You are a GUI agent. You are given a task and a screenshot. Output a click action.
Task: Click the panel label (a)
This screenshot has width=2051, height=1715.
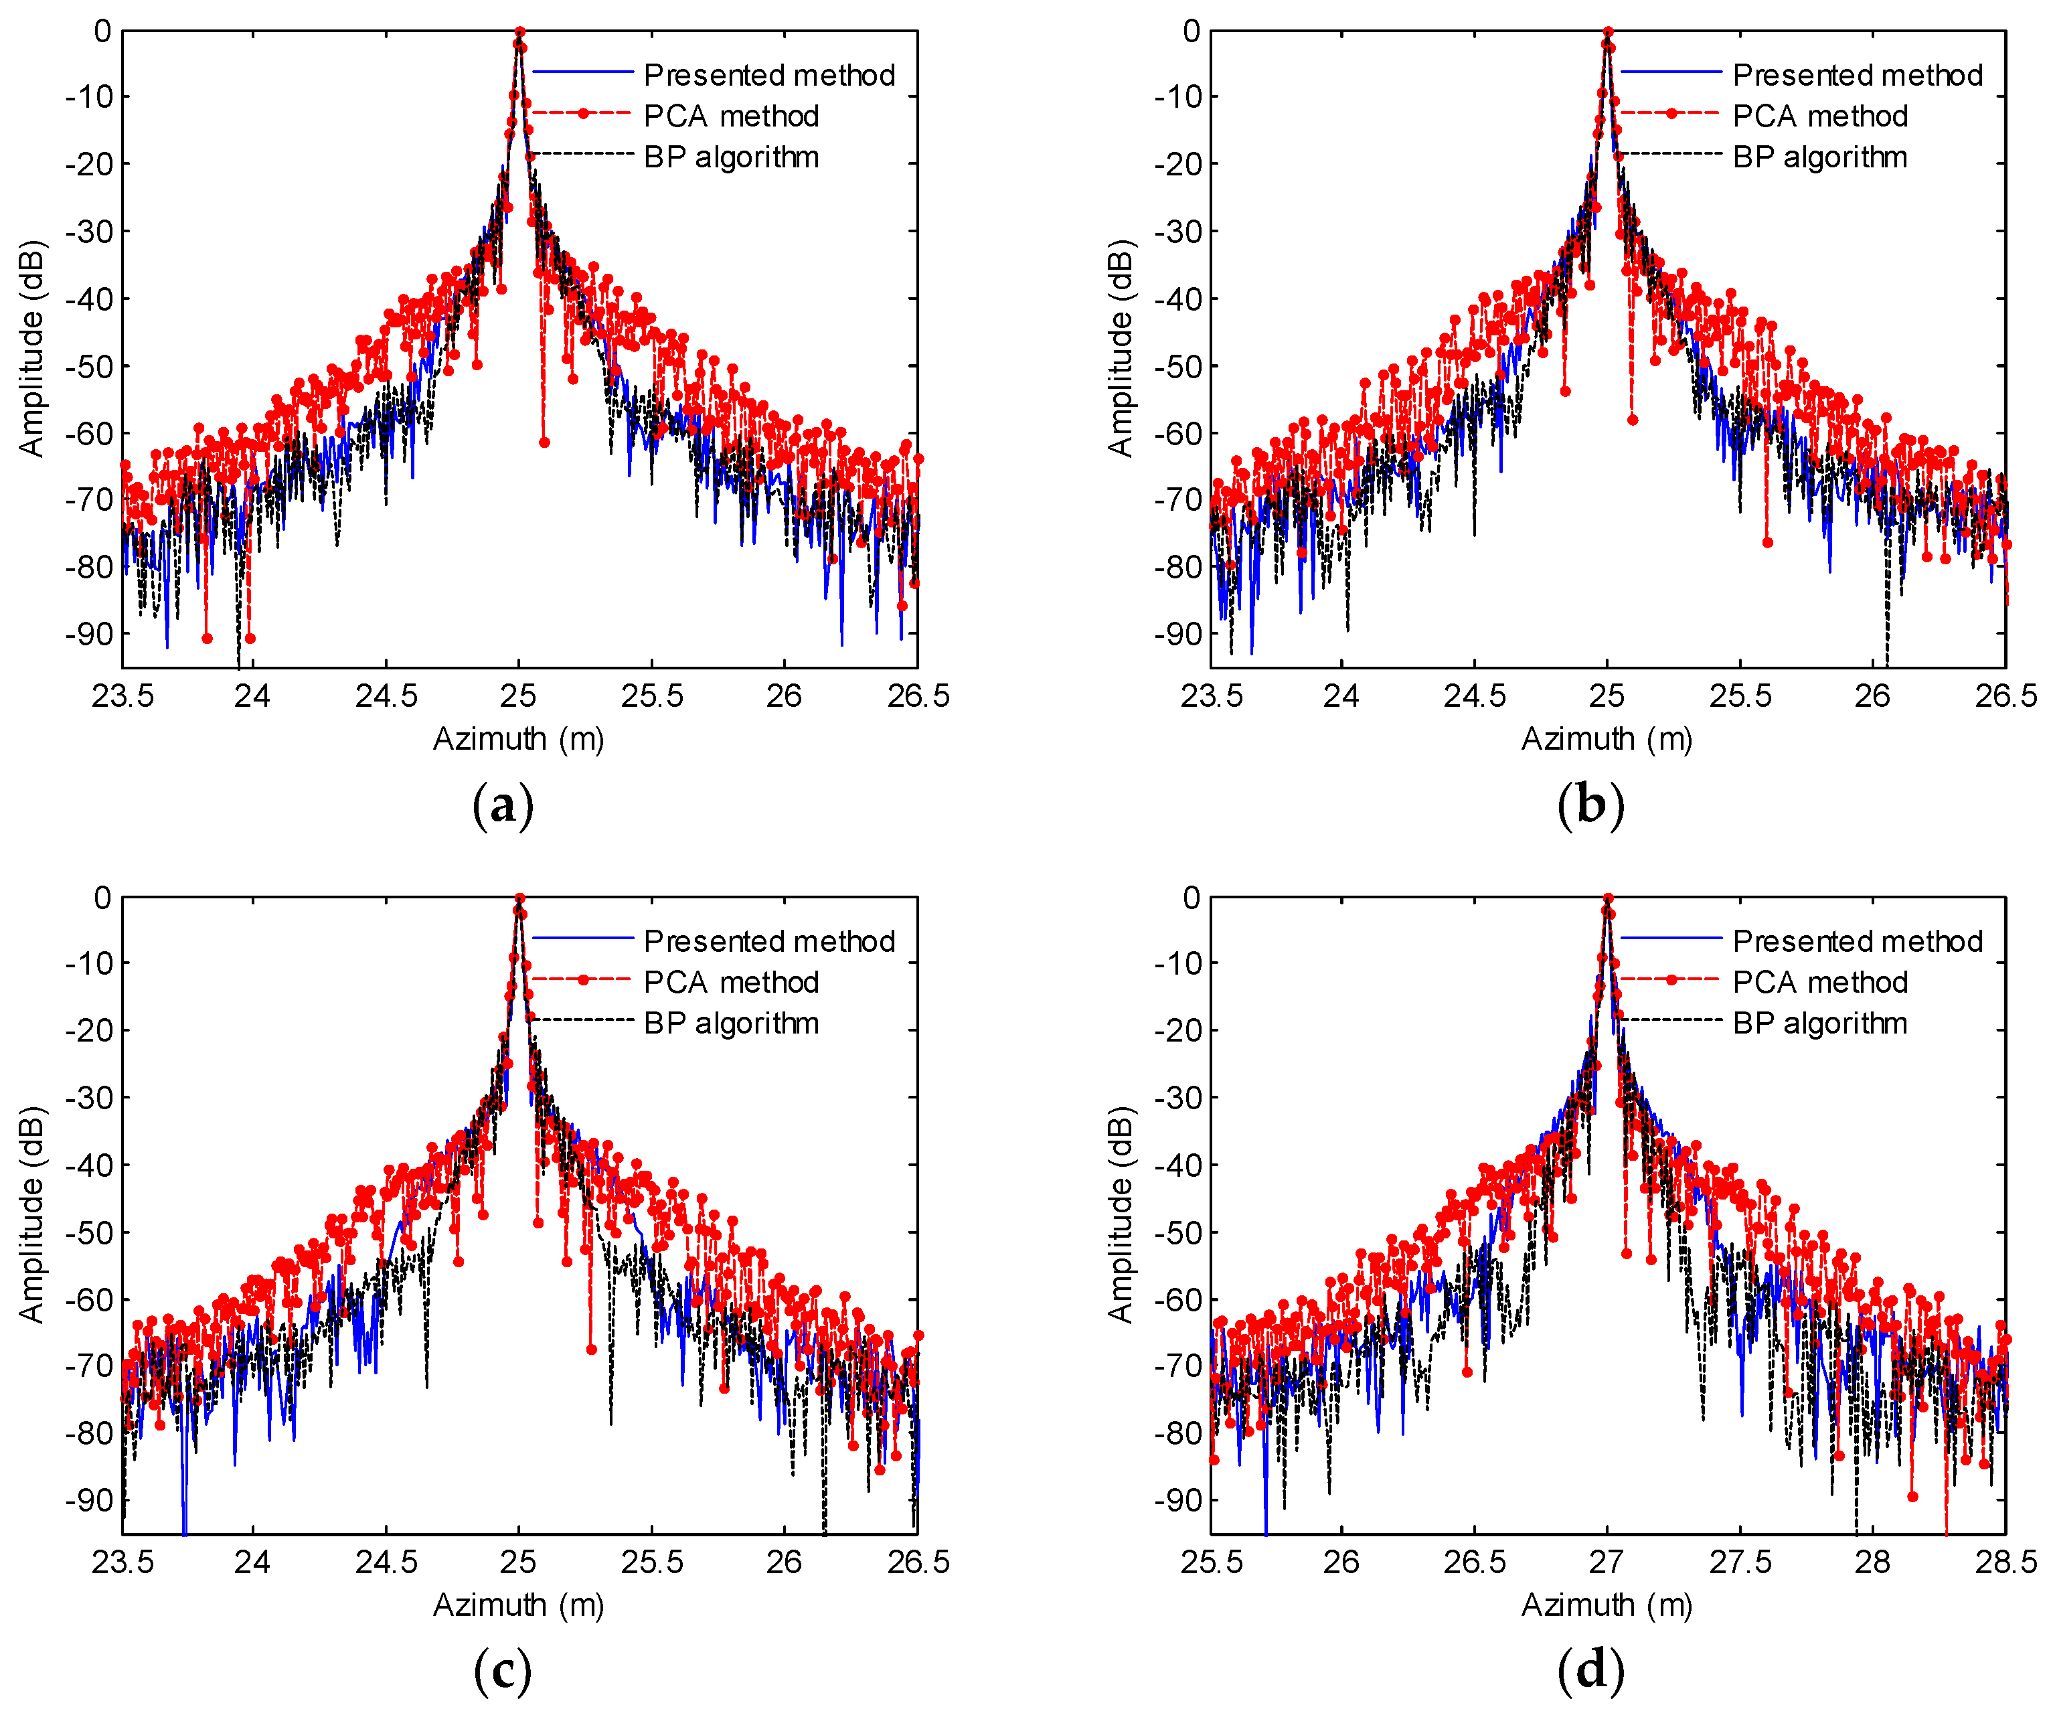(x=503, y=807)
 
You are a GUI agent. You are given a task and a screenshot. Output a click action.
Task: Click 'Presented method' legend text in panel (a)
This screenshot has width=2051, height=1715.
(x=768, y=75)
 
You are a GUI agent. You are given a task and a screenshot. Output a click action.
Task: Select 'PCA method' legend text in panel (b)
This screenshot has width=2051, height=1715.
(x=1819, y=116)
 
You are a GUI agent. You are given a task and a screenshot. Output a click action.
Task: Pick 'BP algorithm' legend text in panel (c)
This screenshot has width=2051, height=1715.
(x=730, y=1024)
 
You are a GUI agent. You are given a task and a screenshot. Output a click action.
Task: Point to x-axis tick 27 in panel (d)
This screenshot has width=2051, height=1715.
(x=1607, y=1562)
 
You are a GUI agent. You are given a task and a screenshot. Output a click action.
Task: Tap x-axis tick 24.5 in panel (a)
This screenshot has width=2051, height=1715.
(x=386, y=696)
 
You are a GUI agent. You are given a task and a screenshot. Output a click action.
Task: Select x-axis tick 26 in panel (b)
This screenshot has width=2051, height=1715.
(x=1872, y=696)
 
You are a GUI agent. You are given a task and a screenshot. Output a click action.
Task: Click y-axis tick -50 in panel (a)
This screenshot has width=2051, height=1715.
(x=89, y=366)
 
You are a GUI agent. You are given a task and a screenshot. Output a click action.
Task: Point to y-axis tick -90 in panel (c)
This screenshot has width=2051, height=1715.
(x=89, y=1500)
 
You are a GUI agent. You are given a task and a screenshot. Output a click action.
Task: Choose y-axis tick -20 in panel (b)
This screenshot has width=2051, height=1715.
(x=1178, y=163)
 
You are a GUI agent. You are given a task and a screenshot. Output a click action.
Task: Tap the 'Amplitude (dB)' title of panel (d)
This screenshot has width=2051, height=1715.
(x=1121, y=1215)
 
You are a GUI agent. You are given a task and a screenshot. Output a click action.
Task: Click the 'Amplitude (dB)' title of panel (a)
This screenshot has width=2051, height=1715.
(x=32, y=349)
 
